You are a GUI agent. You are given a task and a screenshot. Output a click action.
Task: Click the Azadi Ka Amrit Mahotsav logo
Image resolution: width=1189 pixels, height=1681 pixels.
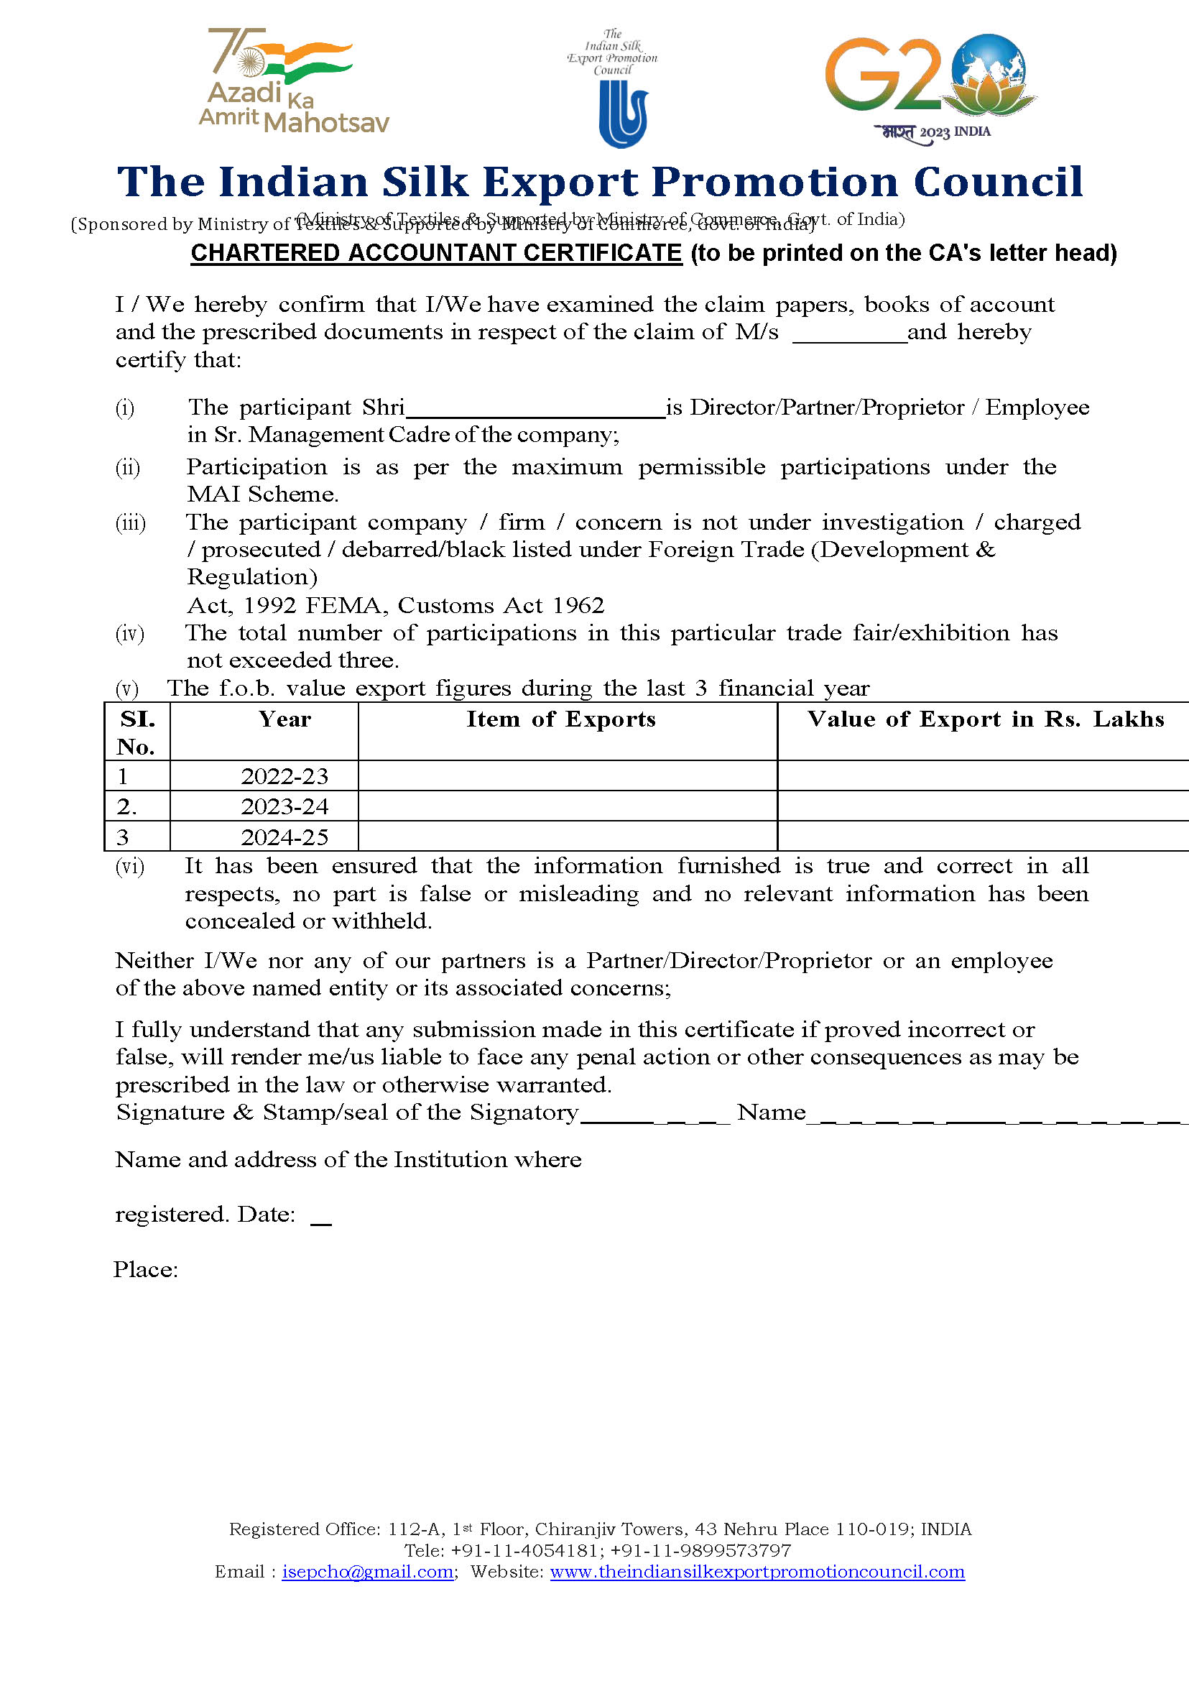[x=293, y=82]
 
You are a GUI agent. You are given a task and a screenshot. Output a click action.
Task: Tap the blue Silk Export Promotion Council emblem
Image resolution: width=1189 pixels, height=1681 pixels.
[x=623, y=114]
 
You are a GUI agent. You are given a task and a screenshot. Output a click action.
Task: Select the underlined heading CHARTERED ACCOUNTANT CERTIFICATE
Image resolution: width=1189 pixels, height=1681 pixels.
[x=436, y=253]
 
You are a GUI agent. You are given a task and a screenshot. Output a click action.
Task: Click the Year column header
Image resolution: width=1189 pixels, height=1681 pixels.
[x=284, y=719]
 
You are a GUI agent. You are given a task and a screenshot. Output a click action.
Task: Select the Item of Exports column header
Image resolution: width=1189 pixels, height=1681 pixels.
[x=561, y=719]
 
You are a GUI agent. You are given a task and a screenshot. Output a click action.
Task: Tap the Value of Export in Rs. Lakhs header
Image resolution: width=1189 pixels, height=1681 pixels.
[x=986, y=719]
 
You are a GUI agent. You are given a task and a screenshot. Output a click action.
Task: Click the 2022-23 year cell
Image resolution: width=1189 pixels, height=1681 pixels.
[x=284, y=776]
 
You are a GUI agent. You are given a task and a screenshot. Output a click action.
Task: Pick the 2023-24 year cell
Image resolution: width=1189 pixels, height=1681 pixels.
[x=284, y=806]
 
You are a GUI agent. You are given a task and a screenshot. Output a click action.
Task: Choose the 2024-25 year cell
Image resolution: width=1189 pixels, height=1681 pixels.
[x=284, y=837]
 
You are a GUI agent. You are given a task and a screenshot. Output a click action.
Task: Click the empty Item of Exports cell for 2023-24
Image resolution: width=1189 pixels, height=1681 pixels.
[x=568, y=806]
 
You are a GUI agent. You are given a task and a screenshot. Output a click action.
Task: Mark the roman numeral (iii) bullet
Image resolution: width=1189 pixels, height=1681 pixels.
[x=130, y=523]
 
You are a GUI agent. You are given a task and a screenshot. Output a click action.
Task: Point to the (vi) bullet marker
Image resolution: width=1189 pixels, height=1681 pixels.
[x=130, y=867]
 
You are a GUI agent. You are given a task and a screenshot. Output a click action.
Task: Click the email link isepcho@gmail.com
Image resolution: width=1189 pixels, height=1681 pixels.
[x=368, y=1572]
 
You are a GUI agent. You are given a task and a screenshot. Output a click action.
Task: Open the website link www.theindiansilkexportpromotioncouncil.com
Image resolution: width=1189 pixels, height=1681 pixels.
[x=757, y=1572]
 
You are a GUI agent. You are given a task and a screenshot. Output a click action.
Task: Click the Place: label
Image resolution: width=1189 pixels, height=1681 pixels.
[x=146, y=1269]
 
